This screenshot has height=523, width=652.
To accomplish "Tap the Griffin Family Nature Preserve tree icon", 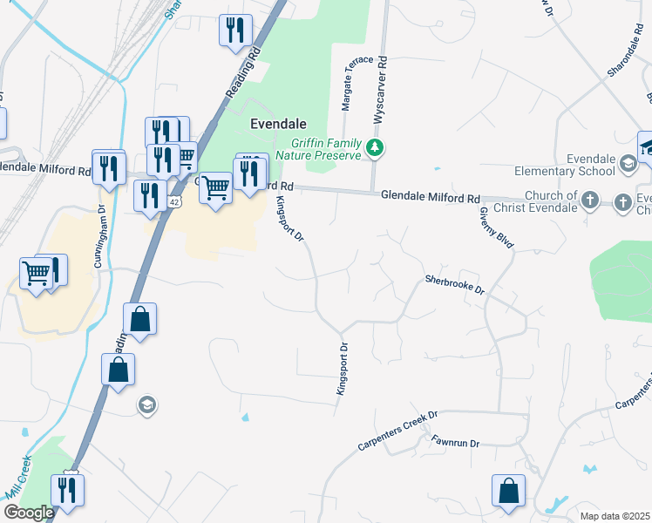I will click(x=375, y=147).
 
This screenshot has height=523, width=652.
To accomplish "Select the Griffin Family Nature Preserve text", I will click(x=325, y=148).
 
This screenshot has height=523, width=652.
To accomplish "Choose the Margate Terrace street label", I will click(x=347, y=85).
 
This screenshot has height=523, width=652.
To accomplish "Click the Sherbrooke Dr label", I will click(x=454, y=285).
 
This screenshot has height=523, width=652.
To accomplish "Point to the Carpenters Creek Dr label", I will click(x=397, y=431).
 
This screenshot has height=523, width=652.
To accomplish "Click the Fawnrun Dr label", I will click(x=455, y=443).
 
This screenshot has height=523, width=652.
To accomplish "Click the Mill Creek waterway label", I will click(x=18, y=477).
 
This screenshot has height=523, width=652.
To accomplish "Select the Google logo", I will click(x=29, y=513).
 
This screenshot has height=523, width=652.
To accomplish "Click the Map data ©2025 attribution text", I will click(x=615, y=516).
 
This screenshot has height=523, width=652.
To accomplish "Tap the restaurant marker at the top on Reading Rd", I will click(x=235, y=31).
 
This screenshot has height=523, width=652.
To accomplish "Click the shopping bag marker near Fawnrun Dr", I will click(x=508, y=492).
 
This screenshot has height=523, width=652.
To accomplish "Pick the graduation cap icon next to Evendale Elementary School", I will click(x=627, y=163).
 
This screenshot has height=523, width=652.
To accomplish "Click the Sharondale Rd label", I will click(x=625, y=53).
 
